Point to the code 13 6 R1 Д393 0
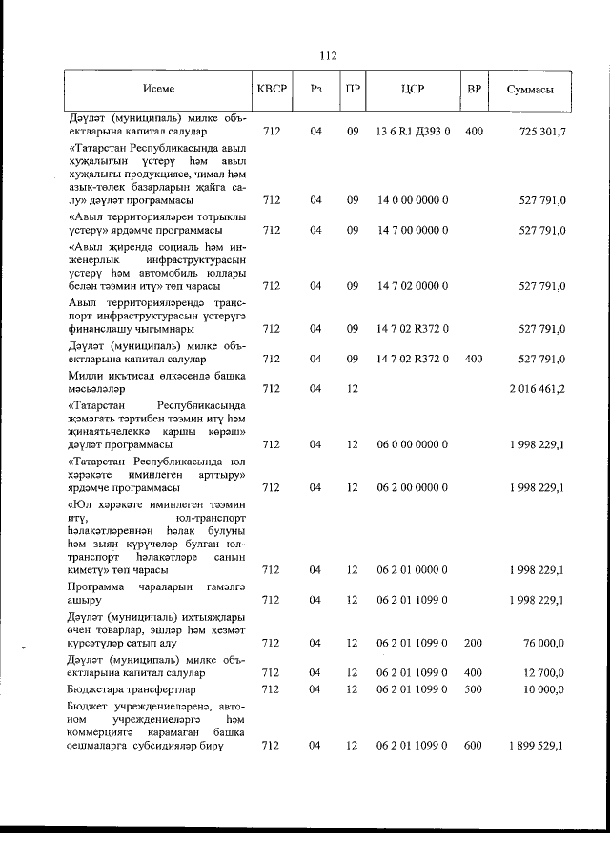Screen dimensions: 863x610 [413, 132]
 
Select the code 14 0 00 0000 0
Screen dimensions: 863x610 [413, 201]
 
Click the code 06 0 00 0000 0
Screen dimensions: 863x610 [413, 444]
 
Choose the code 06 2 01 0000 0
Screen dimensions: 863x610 [413, 570]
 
